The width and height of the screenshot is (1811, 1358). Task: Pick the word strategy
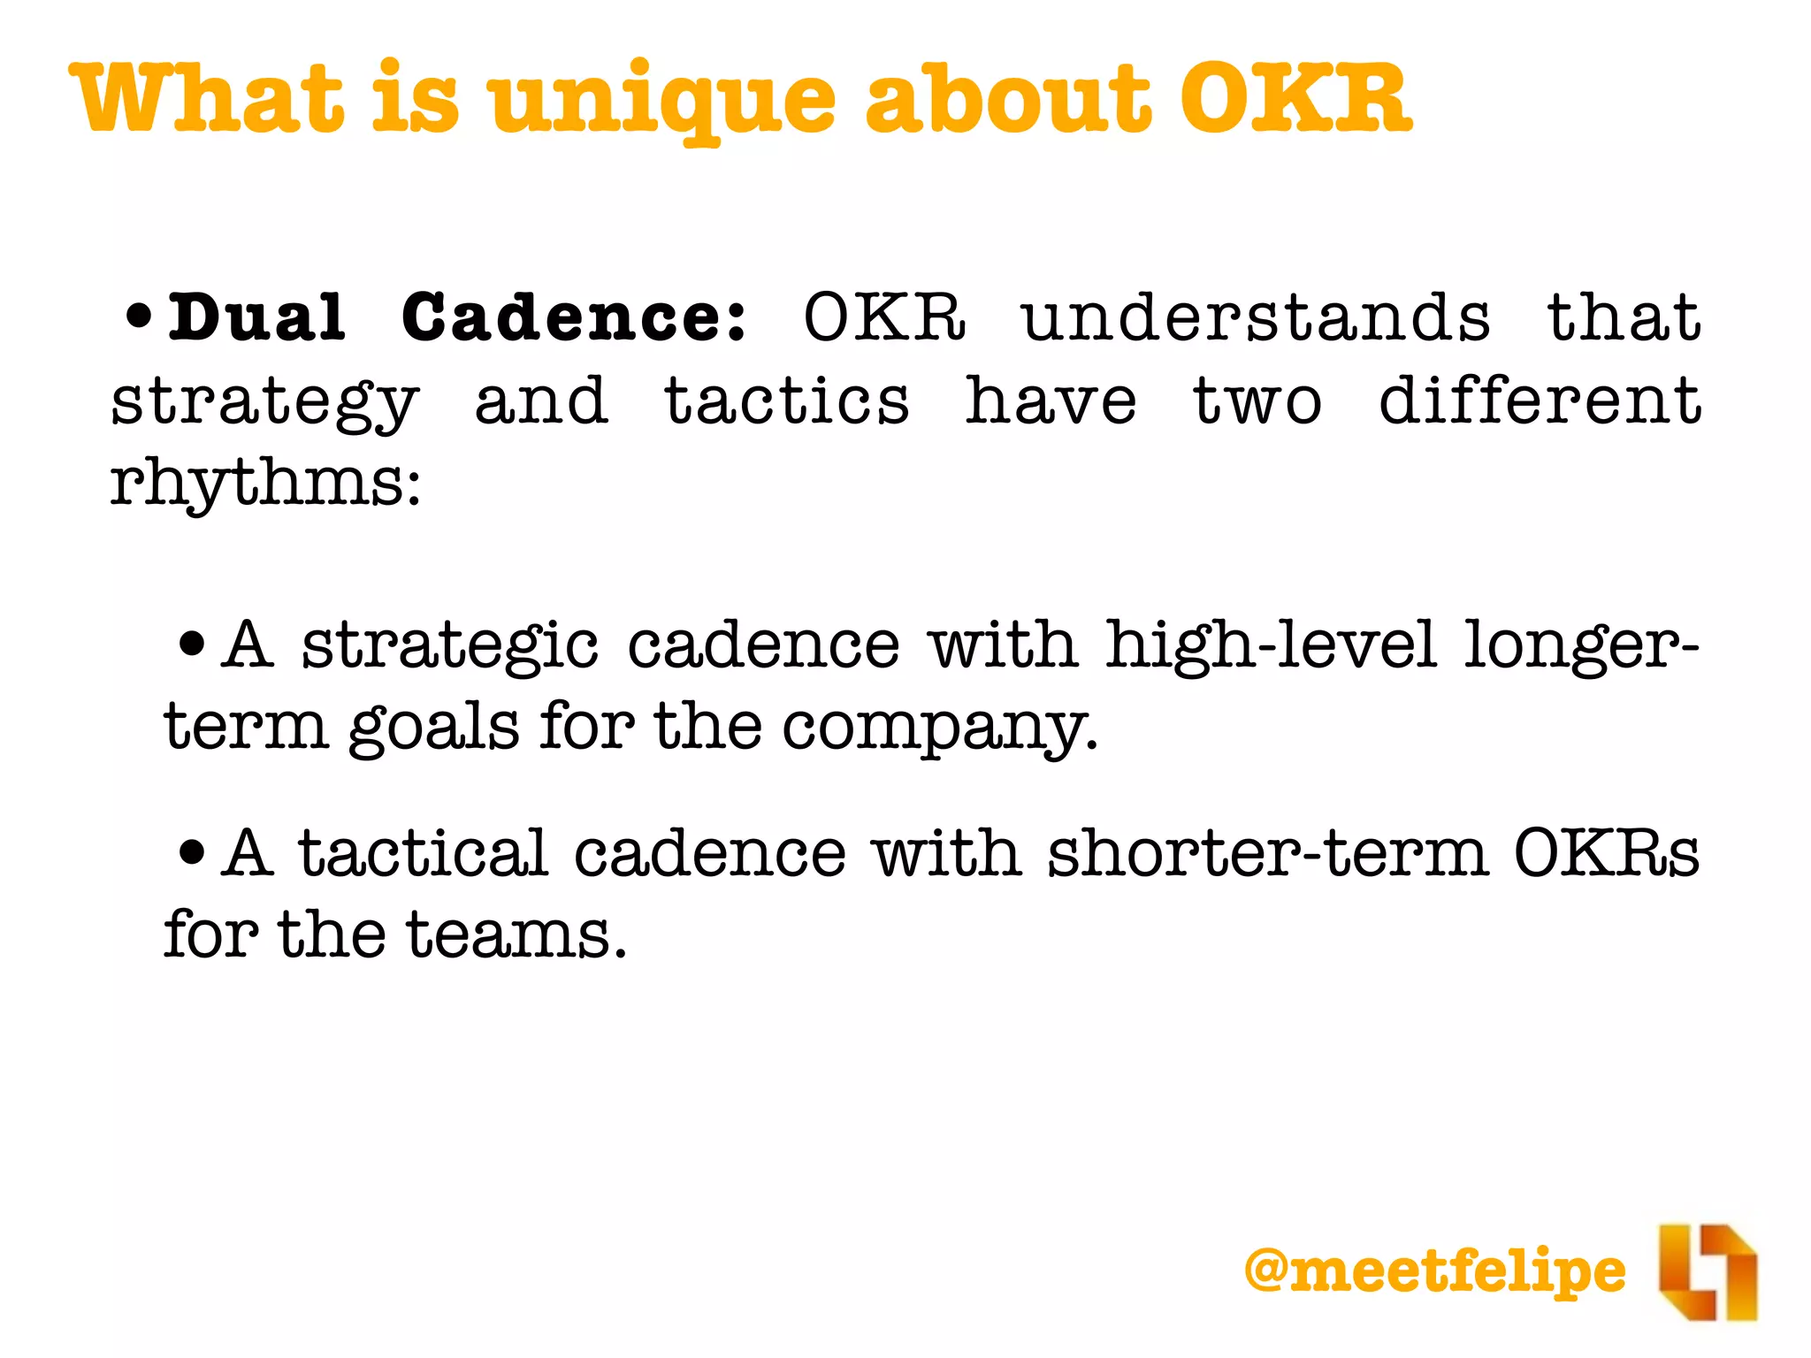click(264, 402)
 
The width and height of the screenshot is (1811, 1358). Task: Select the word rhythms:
click(265, 484)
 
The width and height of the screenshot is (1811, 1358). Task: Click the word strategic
click(450, 645)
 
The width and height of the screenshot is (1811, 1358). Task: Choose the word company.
click(939, 729)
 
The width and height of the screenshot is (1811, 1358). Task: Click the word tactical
click(423, 853)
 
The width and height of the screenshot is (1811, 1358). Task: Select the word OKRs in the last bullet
click(1606, 853)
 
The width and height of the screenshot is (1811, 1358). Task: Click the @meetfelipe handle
click(1434, 1270)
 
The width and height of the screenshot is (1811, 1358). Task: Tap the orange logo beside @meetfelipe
click(1708, 1271)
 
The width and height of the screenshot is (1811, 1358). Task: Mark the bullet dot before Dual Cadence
click(139, 317)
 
